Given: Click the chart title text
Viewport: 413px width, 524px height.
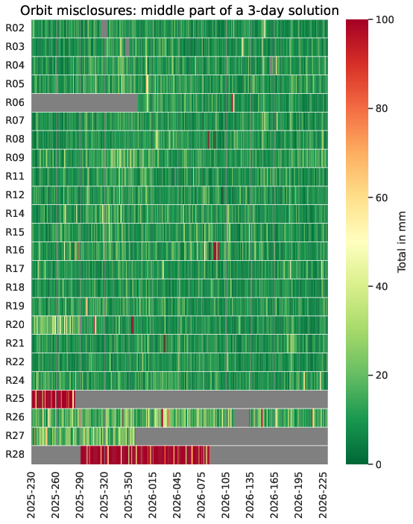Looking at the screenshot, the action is [x=180, y=10].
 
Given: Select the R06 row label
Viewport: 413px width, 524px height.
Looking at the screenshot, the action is [x=15, y=103].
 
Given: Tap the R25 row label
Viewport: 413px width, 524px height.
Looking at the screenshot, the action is [x=15, y=399].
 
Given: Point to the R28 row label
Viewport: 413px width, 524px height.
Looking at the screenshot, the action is [x=15, y=455].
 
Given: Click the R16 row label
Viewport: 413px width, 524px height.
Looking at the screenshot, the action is [x=15, y=250].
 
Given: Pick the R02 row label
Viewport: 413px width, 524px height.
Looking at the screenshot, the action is [x=15, y=28].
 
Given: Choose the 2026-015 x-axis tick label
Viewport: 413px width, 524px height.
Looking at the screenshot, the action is [x=152, y=495].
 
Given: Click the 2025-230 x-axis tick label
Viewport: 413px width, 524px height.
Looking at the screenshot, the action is [x=31, y=495].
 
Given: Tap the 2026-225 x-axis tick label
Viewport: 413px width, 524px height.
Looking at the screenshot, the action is [x=323, y=495].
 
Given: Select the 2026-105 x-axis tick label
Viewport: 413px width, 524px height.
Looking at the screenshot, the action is [x=225, y=495].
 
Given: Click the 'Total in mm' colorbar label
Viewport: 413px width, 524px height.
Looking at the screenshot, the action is [x=402, y=242].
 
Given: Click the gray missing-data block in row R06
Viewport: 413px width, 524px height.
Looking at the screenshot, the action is [x=84, y=103].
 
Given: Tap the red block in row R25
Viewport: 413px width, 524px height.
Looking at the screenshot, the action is [x=53, y=399].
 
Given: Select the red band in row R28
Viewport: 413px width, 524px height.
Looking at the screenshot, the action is [x=145, y=455].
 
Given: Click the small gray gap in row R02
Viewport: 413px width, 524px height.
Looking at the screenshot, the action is [x=104, y=28].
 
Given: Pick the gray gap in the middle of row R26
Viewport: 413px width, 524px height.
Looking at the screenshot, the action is [x=242, y=417].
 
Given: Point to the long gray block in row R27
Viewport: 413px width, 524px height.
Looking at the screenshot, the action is [x=231, y=436].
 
